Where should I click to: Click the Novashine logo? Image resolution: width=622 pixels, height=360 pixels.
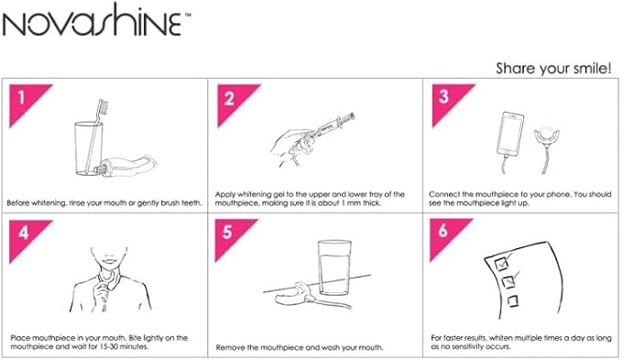coord(96,20)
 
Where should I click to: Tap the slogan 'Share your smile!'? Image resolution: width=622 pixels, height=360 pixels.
coord(553,68)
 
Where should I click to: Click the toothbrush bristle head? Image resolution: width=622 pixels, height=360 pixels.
coord(103,107)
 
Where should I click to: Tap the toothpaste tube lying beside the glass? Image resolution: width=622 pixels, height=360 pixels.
coord(126,166)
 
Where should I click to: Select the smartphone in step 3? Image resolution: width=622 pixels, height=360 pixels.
coord(510,134)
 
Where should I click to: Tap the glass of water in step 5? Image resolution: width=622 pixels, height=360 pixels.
coord(334,267)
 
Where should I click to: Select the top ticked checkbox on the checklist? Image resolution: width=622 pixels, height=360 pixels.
coord(502,262)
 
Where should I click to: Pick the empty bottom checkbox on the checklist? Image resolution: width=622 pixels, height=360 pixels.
coord(512,301)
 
